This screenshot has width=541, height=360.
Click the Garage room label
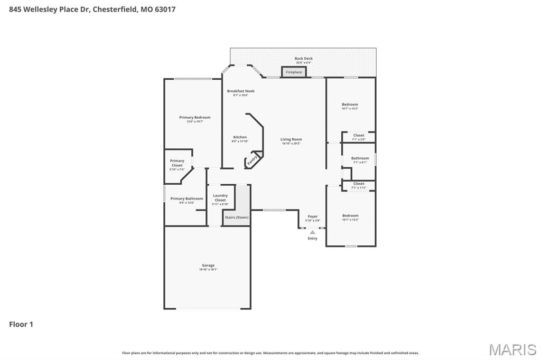(208, 266)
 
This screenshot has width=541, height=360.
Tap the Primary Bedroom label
(194, 117)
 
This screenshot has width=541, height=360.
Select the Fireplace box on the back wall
(294, 72)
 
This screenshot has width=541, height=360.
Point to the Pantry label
(253, 159)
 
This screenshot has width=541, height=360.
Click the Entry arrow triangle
(312, 232)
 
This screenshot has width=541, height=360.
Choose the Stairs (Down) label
(237, 217)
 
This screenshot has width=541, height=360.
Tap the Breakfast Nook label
(241, 91)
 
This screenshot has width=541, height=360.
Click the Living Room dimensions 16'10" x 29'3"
(291, 144)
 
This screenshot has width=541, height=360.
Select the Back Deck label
(304, 59)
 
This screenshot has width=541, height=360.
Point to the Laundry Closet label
(220, 198)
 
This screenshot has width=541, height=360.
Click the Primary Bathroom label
(186, 198)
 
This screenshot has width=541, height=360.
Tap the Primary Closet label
(177, 163)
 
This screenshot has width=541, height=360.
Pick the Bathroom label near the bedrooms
(360, 158)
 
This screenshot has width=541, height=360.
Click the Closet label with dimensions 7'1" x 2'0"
(359, 136)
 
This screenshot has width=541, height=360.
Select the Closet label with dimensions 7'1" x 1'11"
(359, 184)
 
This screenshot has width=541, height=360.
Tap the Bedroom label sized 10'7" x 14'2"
(350, 105)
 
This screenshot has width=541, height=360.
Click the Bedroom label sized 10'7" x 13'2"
(350, 215)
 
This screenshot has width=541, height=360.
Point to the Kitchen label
(240, 137)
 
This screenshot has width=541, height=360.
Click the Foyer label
(313, 216)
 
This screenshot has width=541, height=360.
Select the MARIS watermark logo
(512, 349)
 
